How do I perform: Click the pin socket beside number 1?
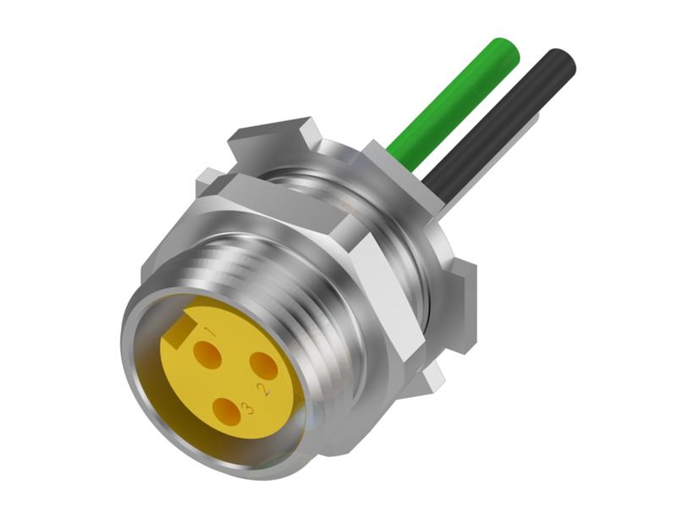click(206, 355)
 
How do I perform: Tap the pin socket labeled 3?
click(227, 411)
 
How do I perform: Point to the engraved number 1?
click(212, 332)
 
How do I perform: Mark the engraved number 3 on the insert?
click(247, 409)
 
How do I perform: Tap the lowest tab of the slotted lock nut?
click(432, 377)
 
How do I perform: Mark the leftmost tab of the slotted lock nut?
click(207, 182)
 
